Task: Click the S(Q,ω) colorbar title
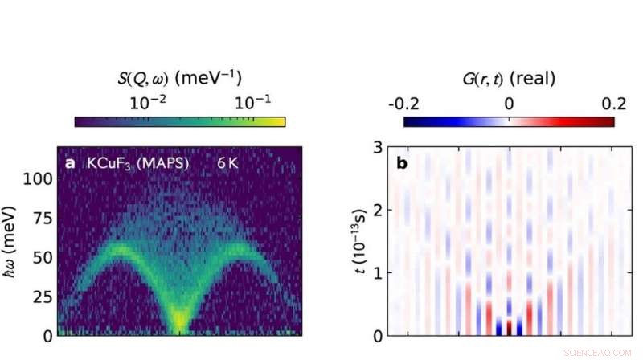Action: (x=178, y=77)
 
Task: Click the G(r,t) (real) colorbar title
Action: (x=509, y=77)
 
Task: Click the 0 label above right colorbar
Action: (x=509, y=103)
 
